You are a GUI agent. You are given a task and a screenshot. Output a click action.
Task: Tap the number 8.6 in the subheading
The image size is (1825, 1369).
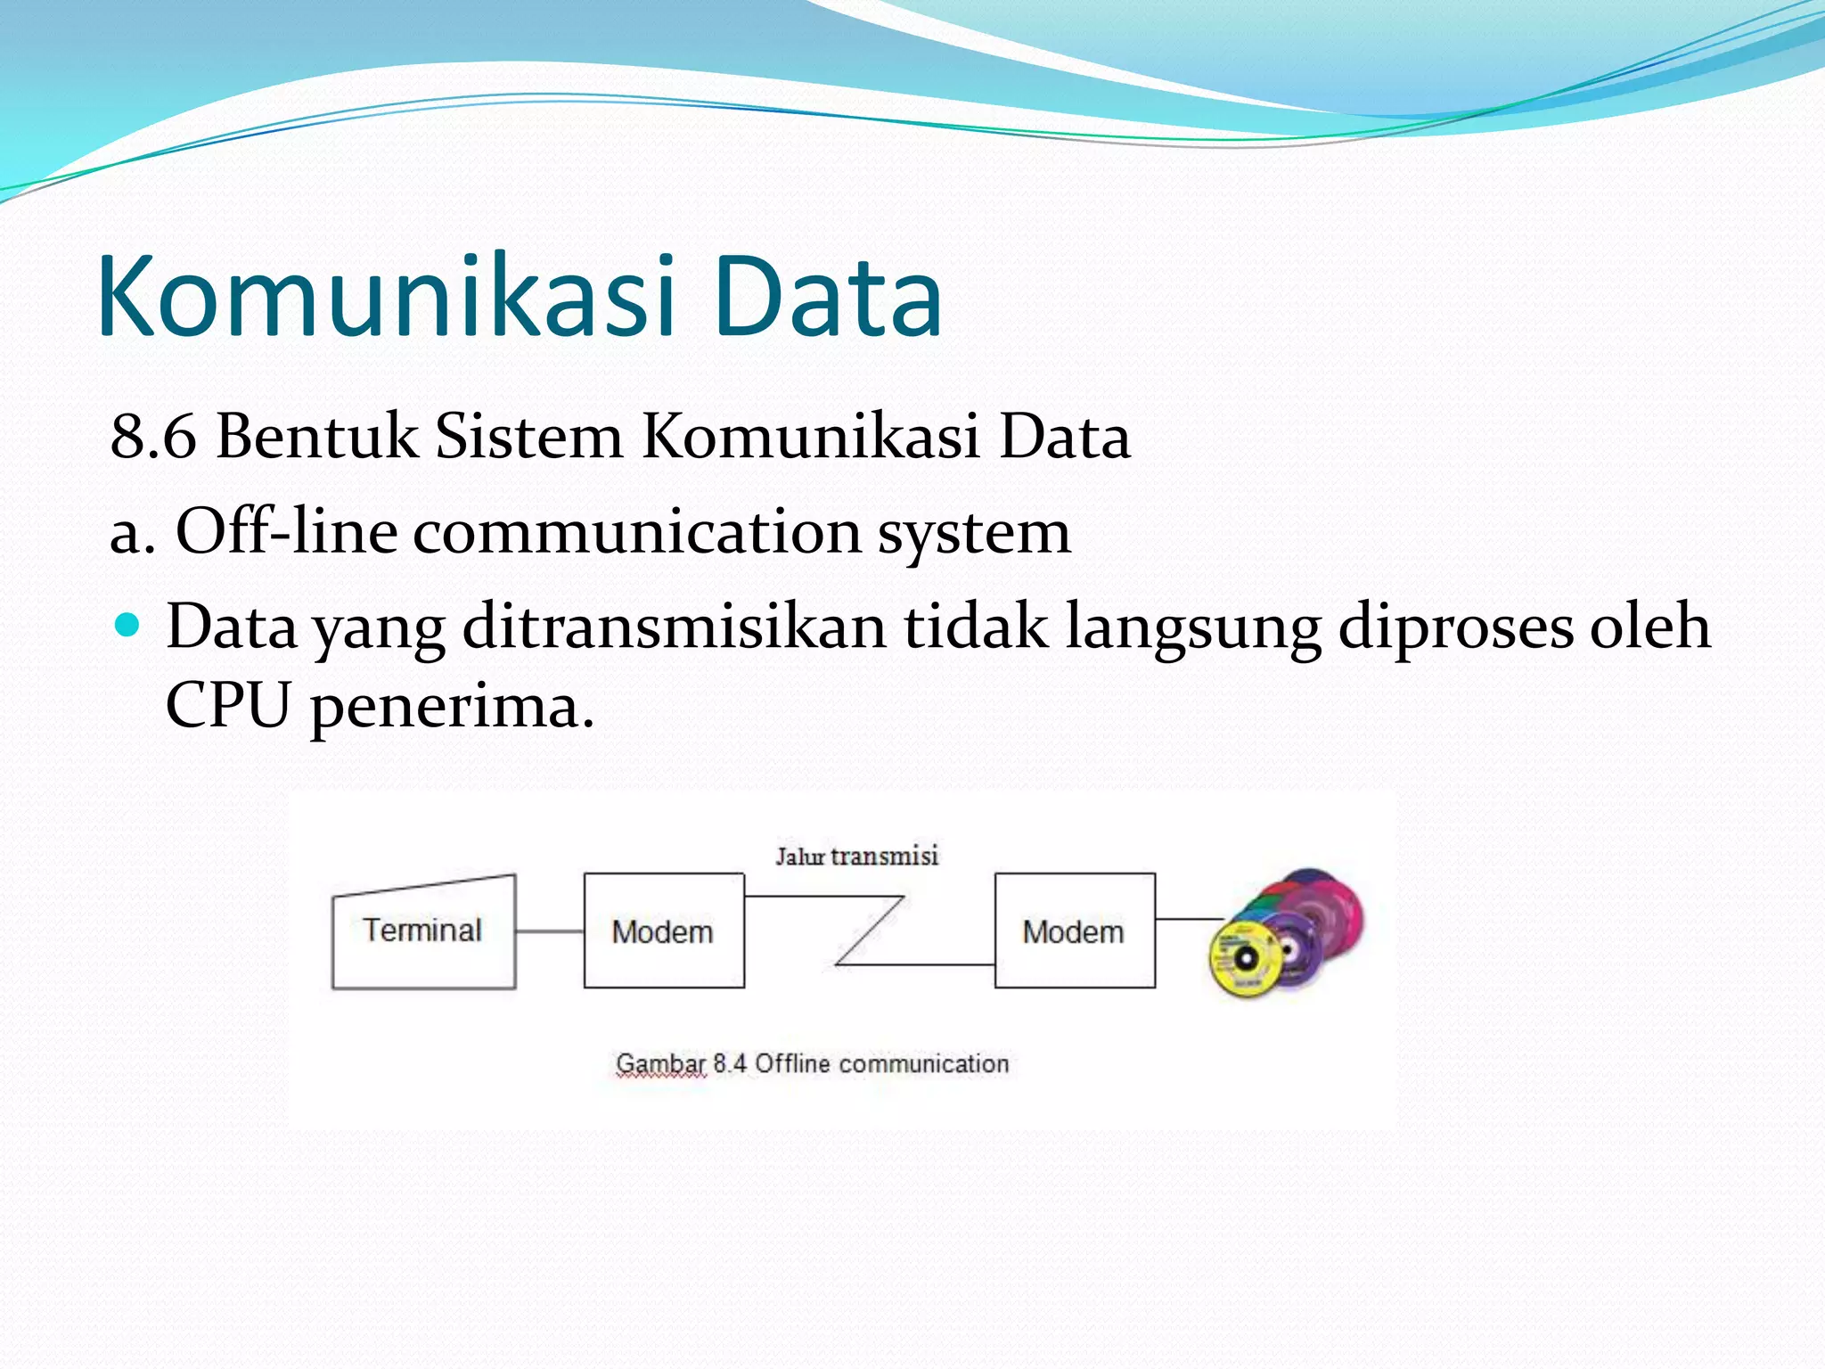152,437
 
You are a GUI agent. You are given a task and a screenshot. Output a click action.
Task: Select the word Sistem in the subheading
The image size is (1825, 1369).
528,437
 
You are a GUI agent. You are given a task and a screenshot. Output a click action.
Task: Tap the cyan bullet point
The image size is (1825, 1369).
128,624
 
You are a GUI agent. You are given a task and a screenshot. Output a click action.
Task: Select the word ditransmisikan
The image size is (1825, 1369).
674,627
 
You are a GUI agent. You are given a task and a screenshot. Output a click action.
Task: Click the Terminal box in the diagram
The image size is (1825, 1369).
422,931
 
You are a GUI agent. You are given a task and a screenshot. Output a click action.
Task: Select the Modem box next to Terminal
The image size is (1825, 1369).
663,931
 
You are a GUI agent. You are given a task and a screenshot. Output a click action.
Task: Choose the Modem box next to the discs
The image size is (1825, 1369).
1074,931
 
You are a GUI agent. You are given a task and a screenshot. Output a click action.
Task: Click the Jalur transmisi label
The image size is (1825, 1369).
856,857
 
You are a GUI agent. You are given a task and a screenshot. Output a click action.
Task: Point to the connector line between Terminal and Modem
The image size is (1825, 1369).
549,931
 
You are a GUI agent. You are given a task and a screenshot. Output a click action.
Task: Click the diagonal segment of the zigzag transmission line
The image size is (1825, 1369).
870,930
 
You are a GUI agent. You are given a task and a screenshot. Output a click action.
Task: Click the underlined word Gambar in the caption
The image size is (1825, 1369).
660,1064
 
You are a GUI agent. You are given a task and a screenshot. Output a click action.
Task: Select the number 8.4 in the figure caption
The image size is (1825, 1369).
729,1064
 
